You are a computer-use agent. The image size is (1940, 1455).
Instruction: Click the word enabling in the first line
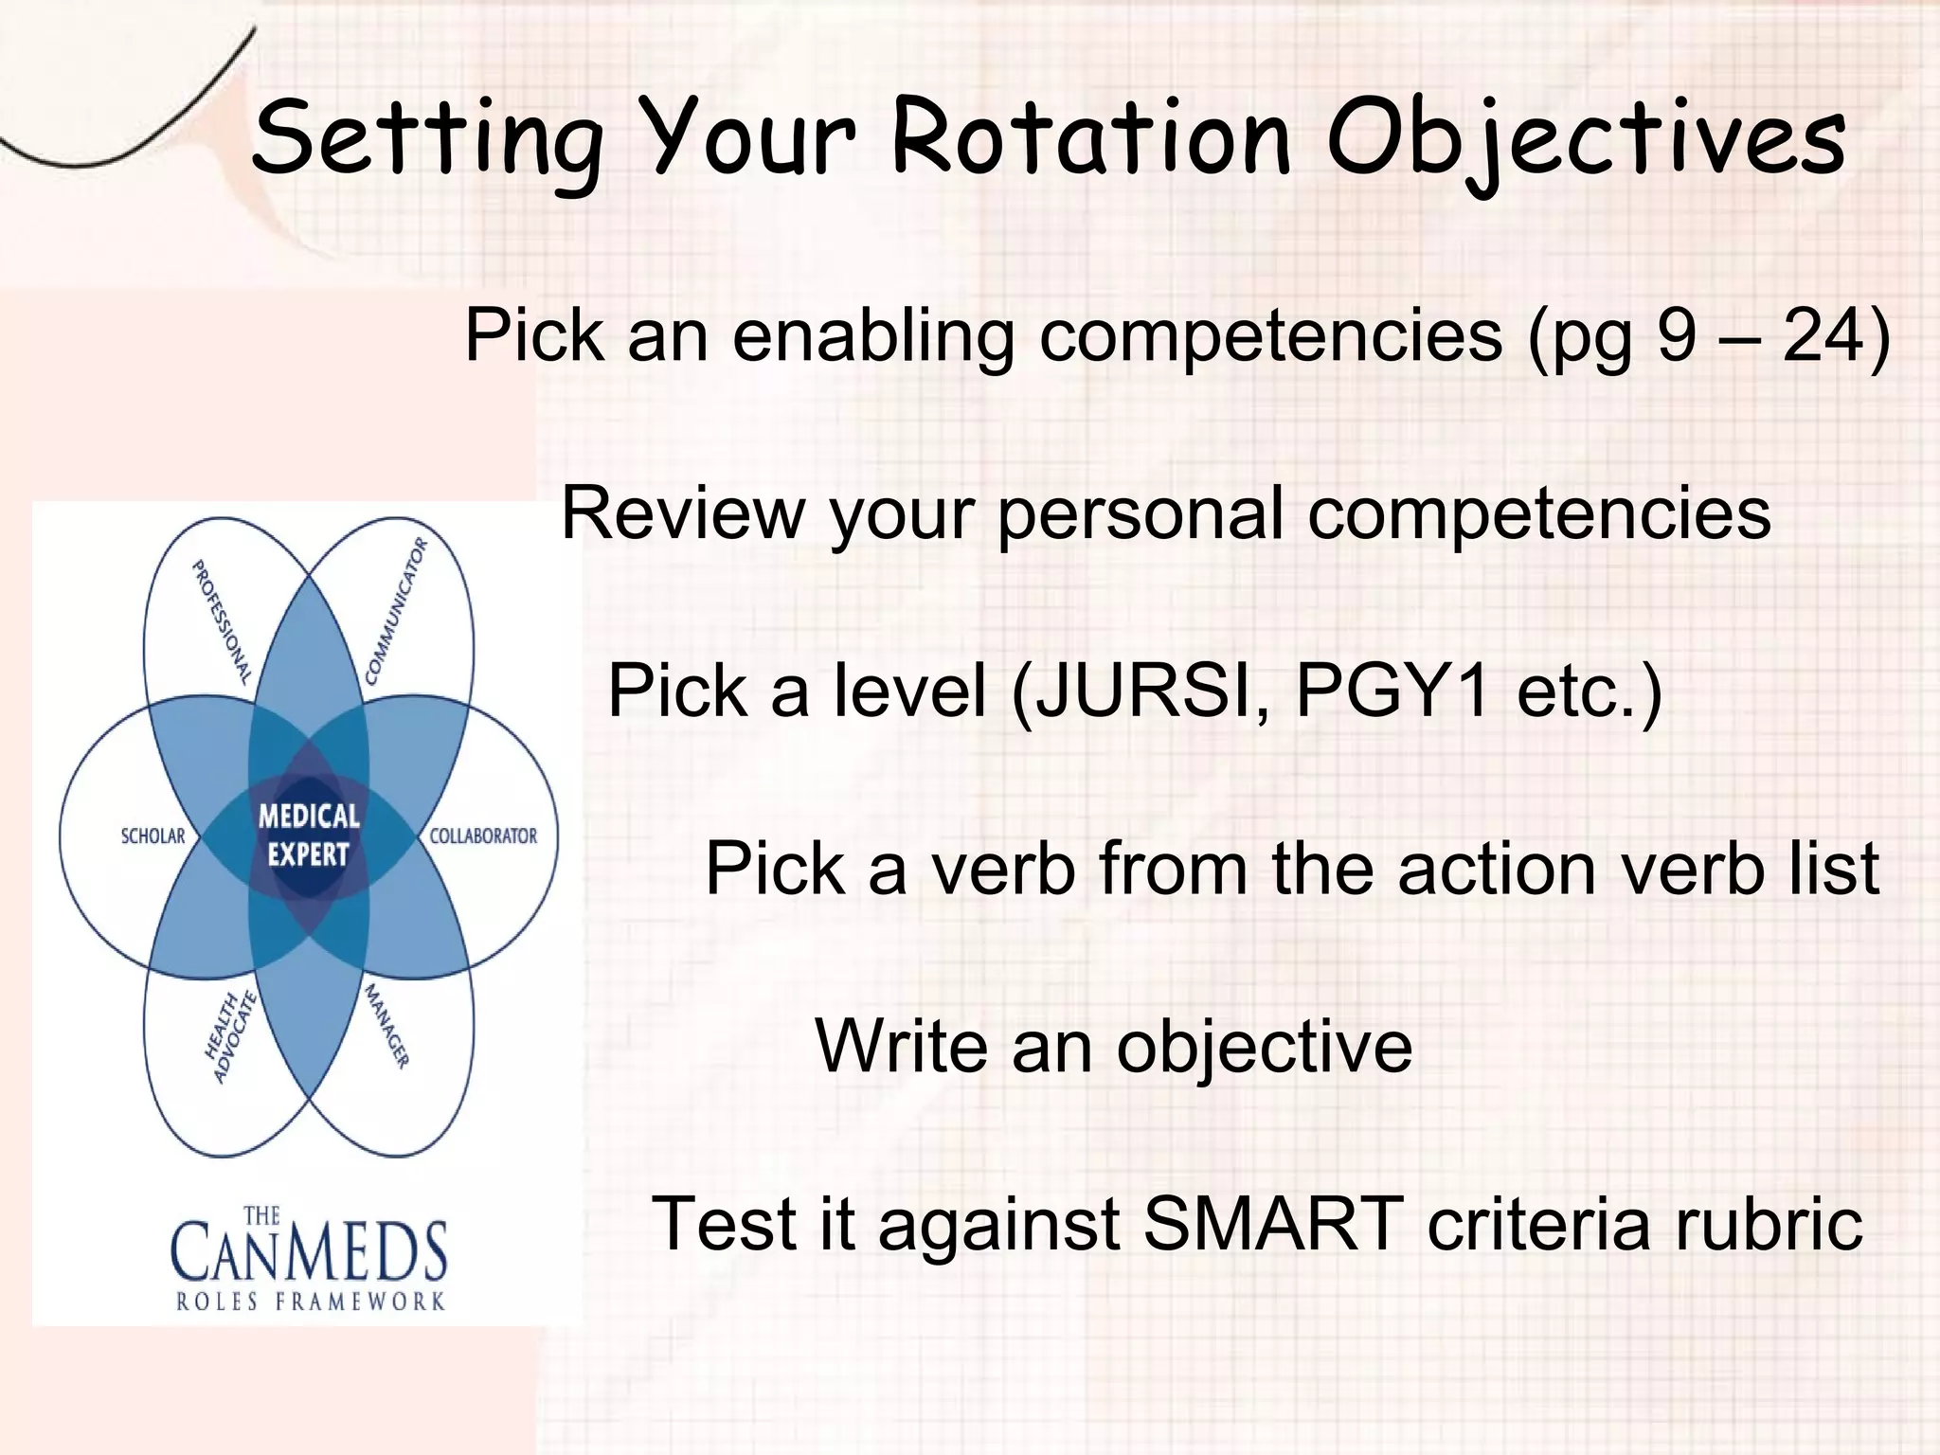coord(871,338)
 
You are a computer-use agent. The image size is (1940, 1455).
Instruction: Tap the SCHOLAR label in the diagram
coord(153,836)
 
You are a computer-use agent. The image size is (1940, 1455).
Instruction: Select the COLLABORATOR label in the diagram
coord(483,836)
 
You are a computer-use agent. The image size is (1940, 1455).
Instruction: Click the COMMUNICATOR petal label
coord(397,611)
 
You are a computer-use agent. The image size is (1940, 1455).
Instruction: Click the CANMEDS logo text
coord(309,1250)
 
